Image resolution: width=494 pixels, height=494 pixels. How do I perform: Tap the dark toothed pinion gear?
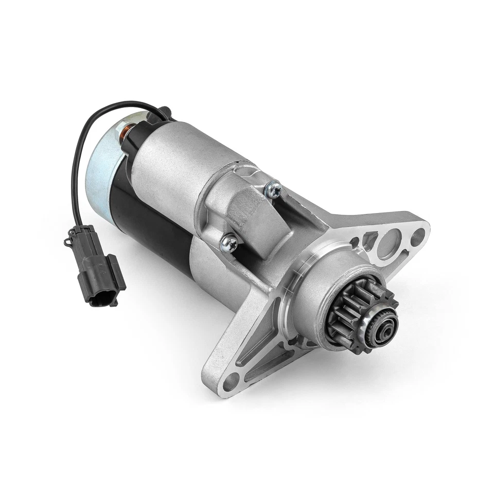coord(360,314)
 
